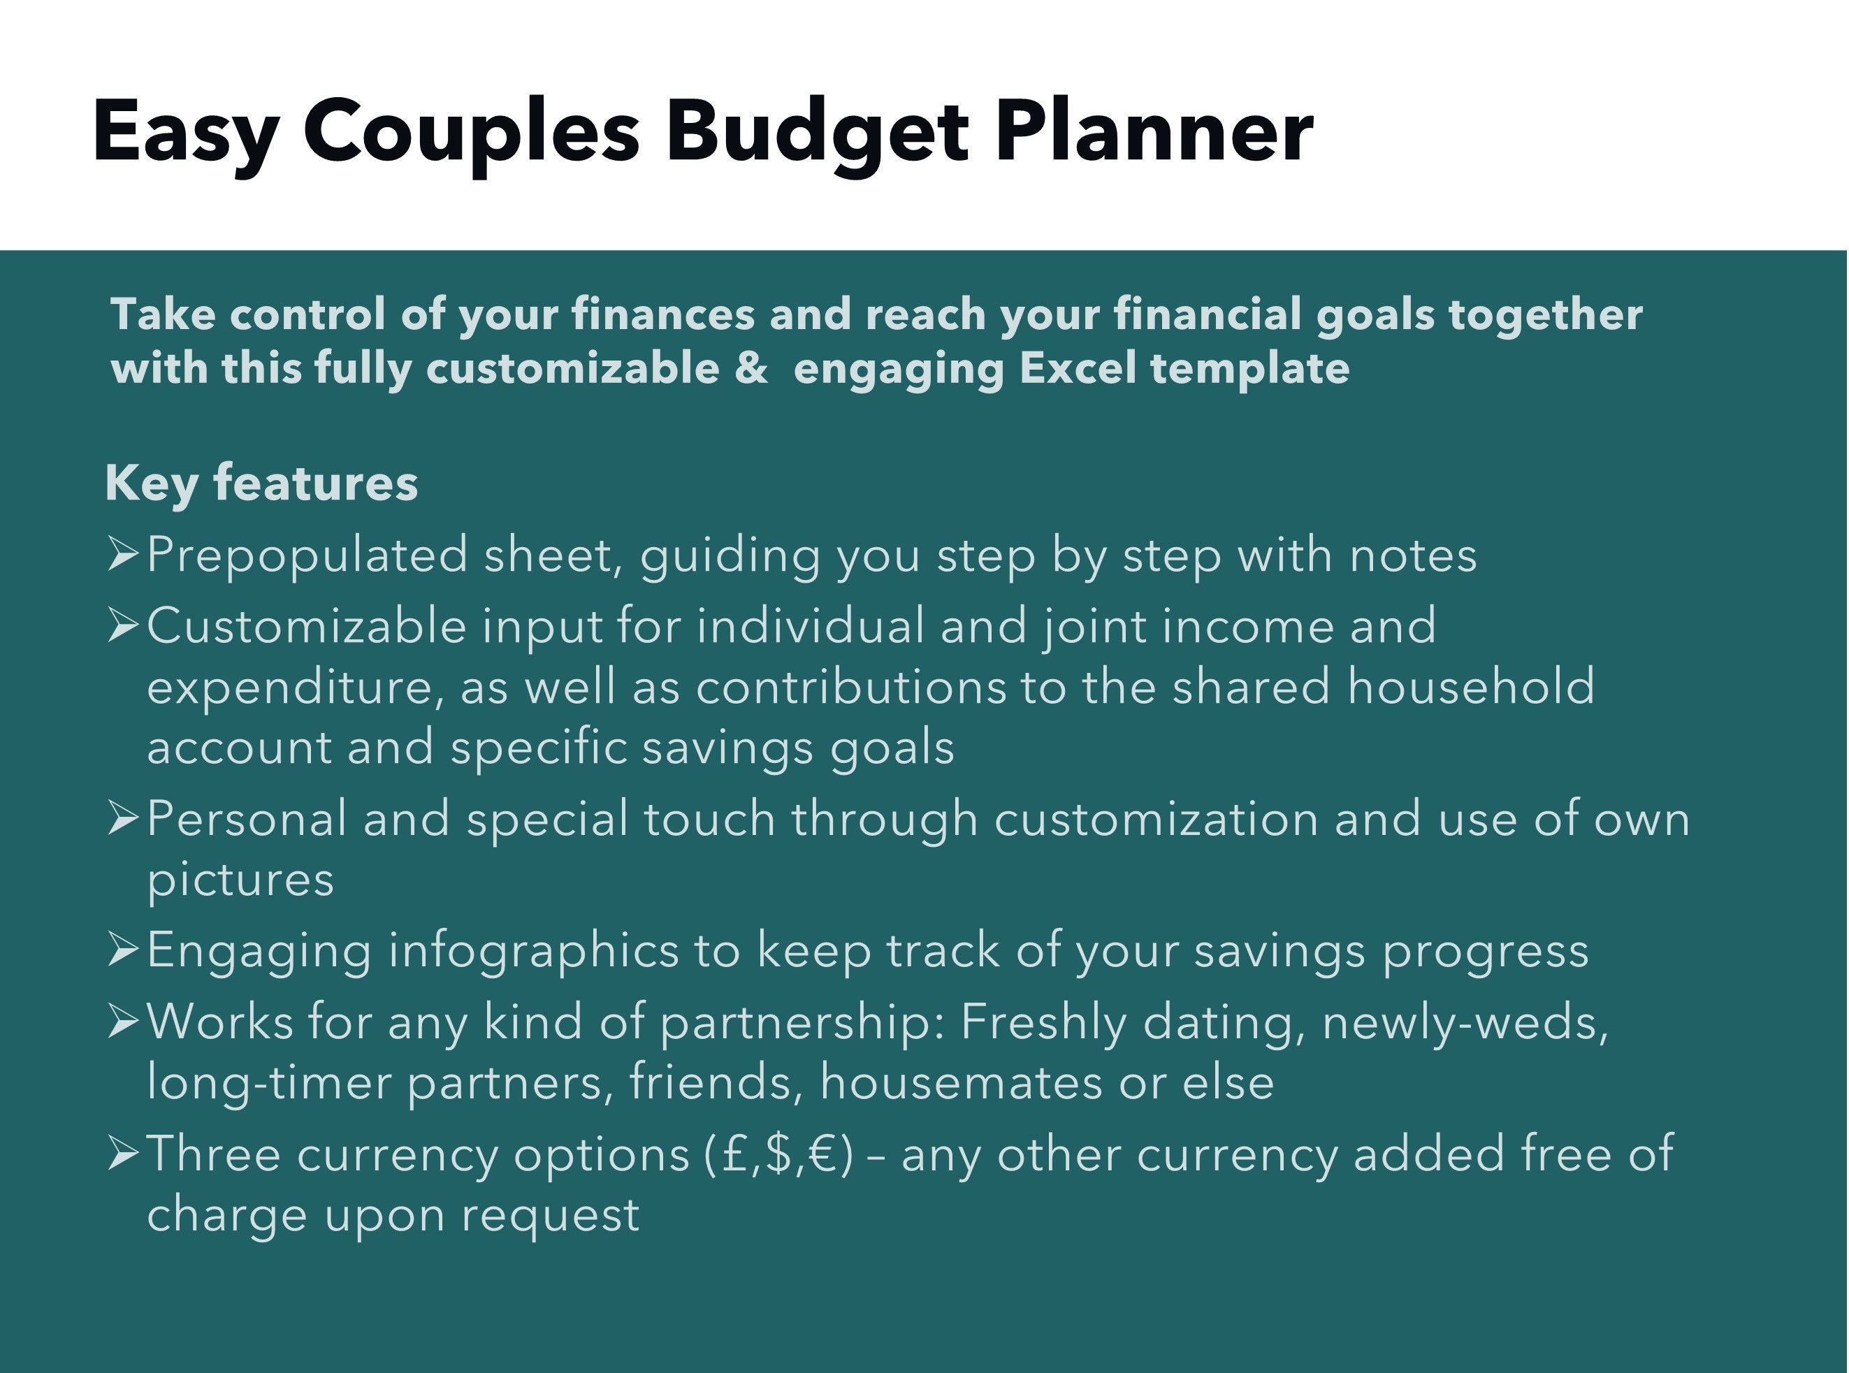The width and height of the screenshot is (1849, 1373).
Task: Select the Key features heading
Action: (x=261, y=483)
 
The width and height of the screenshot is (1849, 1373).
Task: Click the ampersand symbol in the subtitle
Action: (x=751, y=368)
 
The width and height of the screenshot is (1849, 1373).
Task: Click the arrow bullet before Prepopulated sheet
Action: (x=122, y=554)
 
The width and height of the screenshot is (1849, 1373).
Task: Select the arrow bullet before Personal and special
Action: (x=122, y=819)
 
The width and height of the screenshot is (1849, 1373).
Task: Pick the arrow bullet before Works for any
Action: (x=122, y=1022)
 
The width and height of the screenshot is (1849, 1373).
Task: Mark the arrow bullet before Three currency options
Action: (x=122, y=1154)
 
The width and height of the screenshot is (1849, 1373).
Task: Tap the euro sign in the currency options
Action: (x=822, y=1154)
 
